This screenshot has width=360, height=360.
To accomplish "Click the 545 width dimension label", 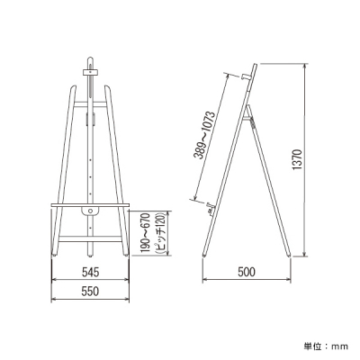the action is [90, 272].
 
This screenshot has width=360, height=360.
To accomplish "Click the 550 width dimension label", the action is [90, 292].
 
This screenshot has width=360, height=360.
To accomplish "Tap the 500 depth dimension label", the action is [247, 272].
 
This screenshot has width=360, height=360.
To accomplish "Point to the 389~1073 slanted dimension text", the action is [204, 135].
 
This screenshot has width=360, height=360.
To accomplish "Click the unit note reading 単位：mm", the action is [326, 346].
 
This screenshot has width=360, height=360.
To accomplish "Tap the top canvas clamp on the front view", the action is [90, 72].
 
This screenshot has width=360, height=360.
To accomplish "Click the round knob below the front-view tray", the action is [90, 211].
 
